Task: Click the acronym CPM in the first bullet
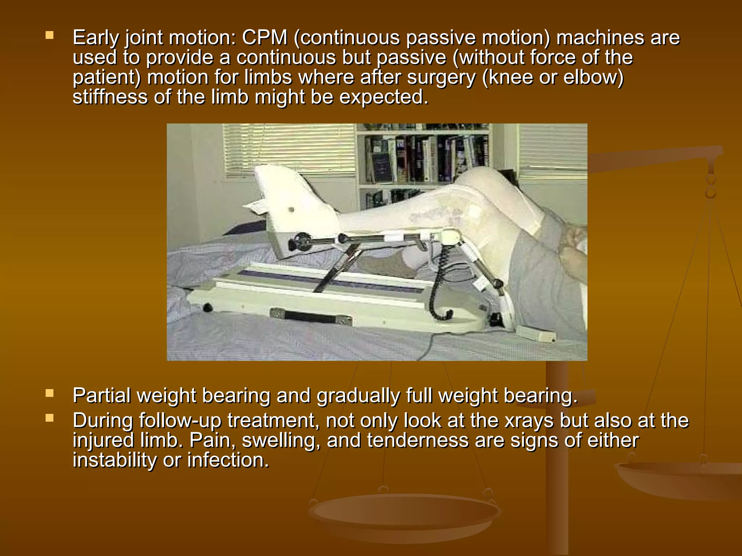point(264,38)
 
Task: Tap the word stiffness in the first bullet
point(110,97)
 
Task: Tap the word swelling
point(281,441)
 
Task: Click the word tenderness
point(418,441)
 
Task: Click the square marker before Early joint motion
point(50,35)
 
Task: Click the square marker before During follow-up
point(50,418)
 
